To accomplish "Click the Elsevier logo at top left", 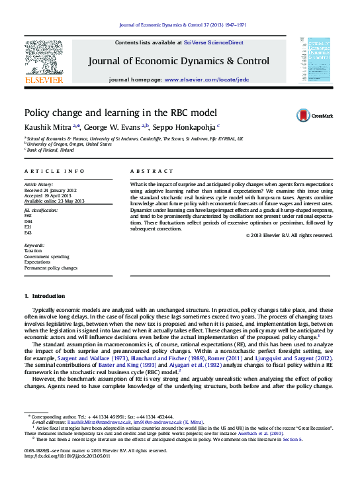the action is pos(44,62).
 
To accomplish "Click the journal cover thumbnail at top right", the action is pos(314,60).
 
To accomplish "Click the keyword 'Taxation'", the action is pos(33,250).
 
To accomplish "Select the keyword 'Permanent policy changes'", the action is pos(51,268).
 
